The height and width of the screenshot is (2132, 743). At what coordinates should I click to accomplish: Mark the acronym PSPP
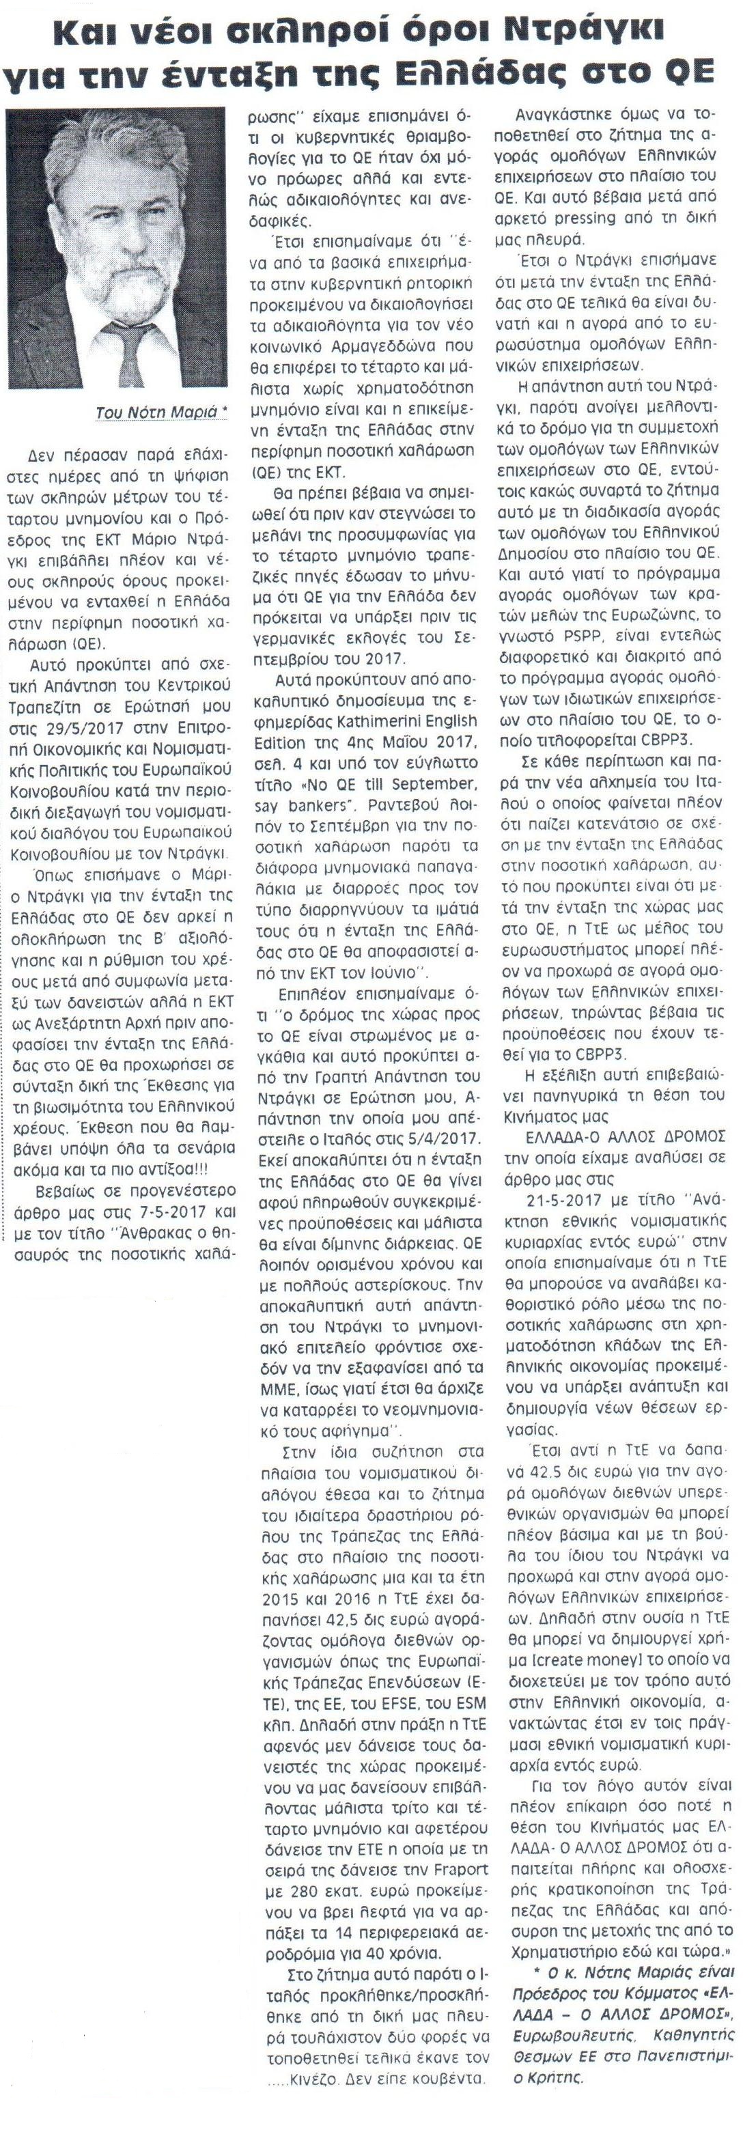coord(587,635)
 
